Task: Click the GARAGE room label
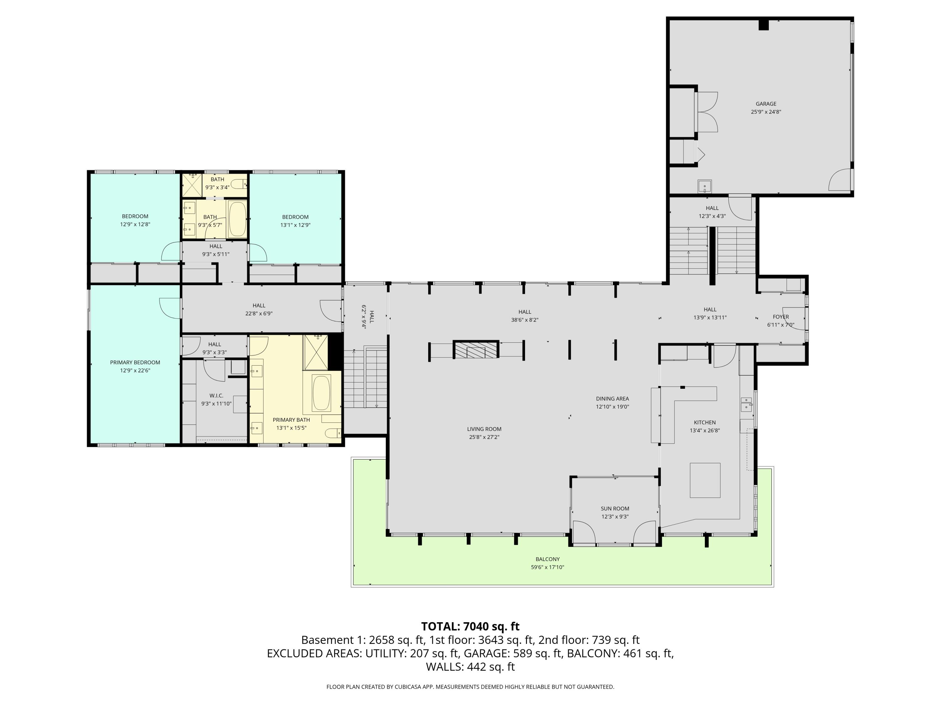coord(766,104)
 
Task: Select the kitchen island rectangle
coord(705,480)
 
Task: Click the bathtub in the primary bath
coord(321,393)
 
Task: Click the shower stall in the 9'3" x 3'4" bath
coord(191,185)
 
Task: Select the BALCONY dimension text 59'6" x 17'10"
coord(547,567)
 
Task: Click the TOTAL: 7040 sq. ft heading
coord(470,626)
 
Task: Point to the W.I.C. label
coord(216,396)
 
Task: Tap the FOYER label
coord(781,317)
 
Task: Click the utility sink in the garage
coord(704,186)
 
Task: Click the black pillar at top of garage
coord(763,25)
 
